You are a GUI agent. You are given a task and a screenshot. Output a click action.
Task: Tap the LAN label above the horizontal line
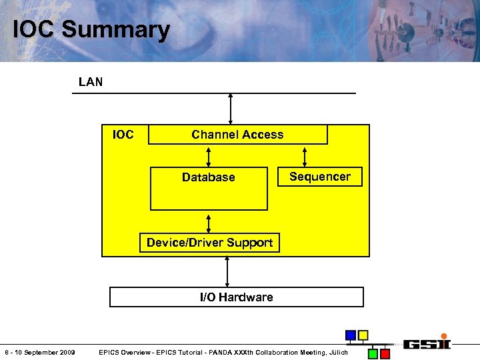pos(91,82)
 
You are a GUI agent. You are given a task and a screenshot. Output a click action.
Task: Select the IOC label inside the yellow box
pos(123,135)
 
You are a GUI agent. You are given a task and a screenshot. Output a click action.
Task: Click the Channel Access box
pos(237,135)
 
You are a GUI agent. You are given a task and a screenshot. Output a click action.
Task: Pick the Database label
pos(208,177)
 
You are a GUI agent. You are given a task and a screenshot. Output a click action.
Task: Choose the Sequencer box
pos(319,177)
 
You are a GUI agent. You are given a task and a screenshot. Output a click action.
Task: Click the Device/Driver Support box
pos(209,243)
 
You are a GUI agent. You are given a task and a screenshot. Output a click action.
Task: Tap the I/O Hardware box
pos(236,297)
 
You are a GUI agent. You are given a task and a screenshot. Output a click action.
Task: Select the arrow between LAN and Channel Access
pos(231,109)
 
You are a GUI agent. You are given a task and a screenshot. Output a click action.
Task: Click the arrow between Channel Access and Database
pos(209,155)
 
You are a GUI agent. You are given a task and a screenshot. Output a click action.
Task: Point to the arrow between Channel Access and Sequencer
pos(305,155)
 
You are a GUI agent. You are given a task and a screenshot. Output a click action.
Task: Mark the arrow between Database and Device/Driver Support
pos(209,222)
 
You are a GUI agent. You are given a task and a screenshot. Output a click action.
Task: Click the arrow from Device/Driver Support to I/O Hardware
pos(227,270)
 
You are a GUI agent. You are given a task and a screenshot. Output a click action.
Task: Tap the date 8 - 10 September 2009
pos(39,352)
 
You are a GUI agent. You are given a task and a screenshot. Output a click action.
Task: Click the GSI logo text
pos(427,344)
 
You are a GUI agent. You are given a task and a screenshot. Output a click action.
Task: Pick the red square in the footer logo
pos(385,354)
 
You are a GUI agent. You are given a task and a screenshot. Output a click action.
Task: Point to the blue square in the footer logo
pos(350,335)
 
